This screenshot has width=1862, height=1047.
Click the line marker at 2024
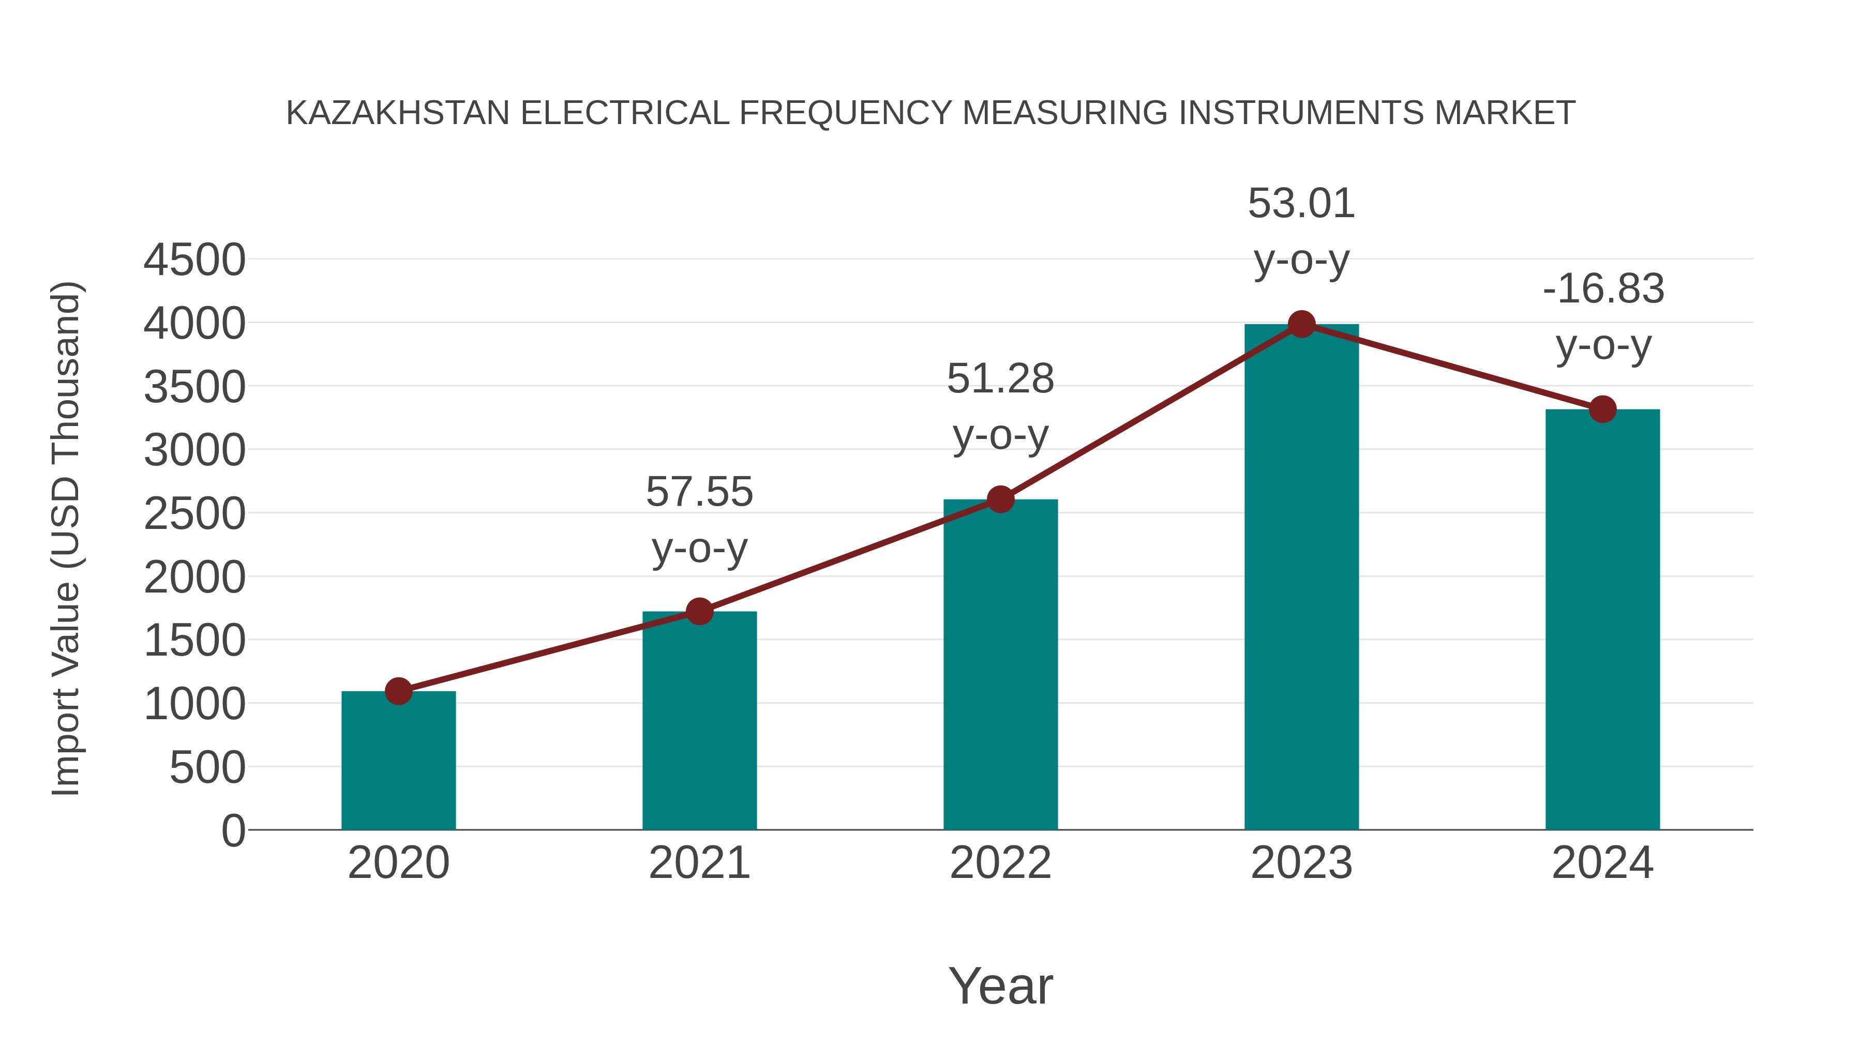tap(1602, 409)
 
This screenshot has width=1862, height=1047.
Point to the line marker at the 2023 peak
tap(1301, 324)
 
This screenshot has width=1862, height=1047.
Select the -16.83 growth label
tap(1603, 289)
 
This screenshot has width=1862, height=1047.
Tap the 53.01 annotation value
tap(1301, 203)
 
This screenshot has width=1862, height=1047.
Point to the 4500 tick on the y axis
tap(194, 260)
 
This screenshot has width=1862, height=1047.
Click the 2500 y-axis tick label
tap(194, 514)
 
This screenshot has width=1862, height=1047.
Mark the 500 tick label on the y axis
tap(207, 767)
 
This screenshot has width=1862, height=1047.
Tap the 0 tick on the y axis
tap(233, 830)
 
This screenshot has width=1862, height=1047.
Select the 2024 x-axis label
tap(1602, 863)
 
